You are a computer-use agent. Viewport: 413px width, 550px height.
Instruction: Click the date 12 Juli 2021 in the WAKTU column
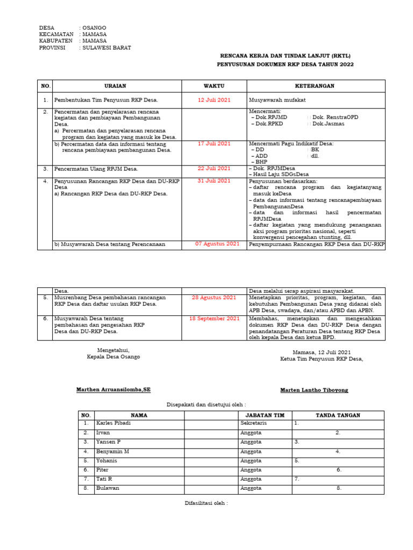pos(214,100)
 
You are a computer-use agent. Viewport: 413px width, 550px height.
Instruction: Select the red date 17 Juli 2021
pos(214,143)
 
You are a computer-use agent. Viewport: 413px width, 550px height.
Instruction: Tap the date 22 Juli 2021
pos(214,168)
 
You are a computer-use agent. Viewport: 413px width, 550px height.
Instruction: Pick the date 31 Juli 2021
pos(214,181)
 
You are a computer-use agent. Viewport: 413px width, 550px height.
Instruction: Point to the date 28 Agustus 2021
pos(214,297)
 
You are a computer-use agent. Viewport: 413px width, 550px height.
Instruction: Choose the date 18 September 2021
pos(214,319)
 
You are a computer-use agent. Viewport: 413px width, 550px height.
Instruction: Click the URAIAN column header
pos(117,86)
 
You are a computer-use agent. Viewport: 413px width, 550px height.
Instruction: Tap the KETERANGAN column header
pos(315,86)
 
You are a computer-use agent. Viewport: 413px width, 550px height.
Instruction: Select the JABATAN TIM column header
pos(265,415)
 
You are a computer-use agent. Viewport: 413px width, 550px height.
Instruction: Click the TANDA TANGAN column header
pos(338,415)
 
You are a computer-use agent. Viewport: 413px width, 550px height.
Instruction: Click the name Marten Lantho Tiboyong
pos(314,390)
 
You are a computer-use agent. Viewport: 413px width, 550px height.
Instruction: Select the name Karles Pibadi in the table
pos(113,423)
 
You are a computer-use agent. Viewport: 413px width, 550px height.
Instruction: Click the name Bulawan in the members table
pos(108,488)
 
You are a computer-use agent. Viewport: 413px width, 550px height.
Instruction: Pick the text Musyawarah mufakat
pos(277,100)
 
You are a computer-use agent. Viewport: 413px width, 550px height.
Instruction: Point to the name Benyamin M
pos(112,452)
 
